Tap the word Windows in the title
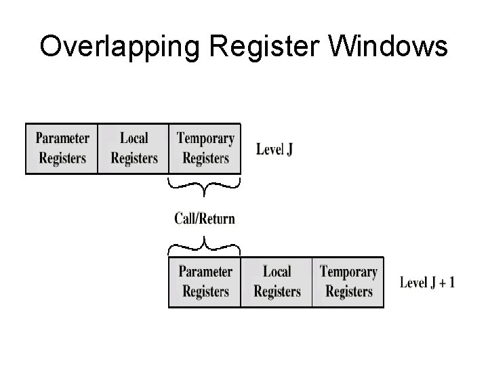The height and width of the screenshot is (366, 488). pyautogui.click(x=393, y=47)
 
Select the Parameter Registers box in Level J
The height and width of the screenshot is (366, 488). pyautogui.click(x=62, y=148)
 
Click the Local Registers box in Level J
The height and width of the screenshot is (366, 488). pyautogui.click(x=134, y=148)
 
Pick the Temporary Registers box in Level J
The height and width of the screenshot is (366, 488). pyautogui.click(x=205, y=148)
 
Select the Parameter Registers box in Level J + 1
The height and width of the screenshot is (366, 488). pyautogui.click(x=205, y=282)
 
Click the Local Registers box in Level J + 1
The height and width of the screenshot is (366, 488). pyautogui.click(x=277, y=282)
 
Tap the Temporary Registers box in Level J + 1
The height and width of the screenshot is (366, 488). pyautogui.click(x=348, y=282)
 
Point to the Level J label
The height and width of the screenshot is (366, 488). pyautogui.click(x=274, y=149)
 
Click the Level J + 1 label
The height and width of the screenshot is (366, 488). pyautogui.click(x=427, y=283)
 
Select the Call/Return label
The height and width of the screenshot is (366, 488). pyautogui.click(x=205, y=218)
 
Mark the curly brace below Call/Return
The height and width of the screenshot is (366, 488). pyautogui.click(x=203, y=243)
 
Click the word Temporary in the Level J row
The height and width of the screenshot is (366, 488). pyautogui.click(x=205, y=139)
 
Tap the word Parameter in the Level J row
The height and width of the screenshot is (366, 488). pyautogui.click(x=62, y=139)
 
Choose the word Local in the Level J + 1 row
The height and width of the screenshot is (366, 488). pyautogui.click(x=277, y=272)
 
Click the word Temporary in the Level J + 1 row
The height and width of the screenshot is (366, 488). pyautogui.click(x=348, y=272)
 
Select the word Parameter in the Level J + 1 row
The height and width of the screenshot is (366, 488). pyautogui.click(x=205, y=272)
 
